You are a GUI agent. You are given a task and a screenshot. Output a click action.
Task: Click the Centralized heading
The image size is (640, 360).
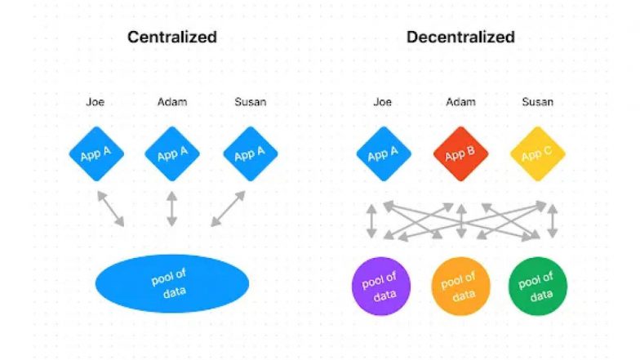[x=171, y=38]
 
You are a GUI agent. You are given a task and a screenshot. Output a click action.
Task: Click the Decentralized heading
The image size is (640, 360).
[x=460, y=38]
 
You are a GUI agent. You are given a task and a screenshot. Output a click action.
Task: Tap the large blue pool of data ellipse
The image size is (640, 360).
[x=171, y=284]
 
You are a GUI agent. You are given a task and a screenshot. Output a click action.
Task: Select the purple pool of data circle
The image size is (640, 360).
[x=380, y=286]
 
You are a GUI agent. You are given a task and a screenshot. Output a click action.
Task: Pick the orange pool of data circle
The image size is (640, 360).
[x=460, y=286]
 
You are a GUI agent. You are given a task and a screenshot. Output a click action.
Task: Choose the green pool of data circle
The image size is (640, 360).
[x=537, y=286]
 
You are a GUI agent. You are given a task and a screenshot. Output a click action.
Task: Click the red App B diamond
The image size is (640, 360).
[x=460, y=153]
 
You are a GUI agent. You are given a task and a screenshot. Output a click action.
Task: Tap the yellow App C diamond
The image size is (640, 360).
[x=537, y=153]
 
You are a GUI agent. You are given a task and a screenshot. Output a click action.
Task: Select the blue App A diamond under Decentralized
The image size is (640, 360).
[x=384, y=153]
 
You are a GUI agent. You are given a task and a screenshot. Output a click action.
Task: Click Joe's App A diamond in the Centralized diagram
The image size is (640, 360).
[x=96, y=153]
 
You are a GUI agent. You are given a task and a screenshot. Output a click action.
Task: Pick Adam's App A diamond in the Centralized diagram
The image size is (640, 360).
[x=171, y=153]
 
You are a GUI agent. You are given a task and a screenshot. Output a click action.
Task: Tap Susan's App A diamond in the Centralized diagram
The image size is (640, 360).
[x=250, y=153]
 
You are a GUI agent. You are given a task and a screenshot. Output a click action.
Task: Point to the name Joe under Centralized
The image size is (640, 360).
[x=95, y=101]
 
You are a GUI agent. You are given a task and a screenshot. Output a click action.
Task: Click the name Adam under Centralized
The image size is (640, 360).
[x=172, y=101]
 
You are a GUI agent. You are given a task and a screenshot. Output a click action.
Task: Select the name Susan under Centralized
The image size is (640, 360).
[x=250, y=101]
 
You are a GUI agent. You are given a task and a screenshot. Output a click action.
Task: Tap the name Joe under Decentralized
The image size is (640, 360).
[x=382, y=101]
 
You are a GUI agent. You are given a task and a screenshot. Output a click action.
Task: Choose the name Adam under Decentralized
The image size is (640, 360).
[x=460, y=101]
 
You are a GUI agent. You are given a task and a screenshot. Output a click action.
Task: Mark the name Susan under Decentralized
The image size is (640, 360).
[x=537, y=101]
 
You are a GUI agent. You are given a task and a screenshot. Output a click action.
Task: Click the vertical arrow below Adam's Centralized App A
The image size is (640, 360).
[x=171, y=209]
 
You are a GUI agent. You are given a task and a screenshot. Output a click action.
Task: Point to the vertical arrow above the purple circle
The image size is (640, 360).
[x=371, y=221]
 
